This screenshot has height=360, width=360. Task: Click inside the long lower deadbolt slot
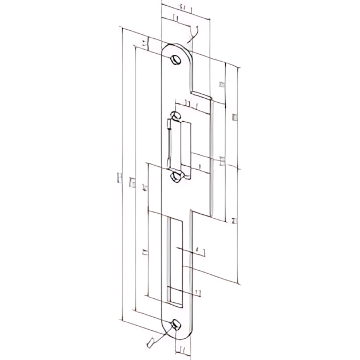[175, 260]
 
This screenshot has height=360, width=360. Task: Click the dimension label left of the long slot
[143, 251]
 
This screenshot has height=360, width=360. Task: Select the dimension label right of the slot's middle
[197, 250]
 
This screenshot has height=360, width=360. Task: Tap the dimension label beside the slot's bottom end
[197, 293]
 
